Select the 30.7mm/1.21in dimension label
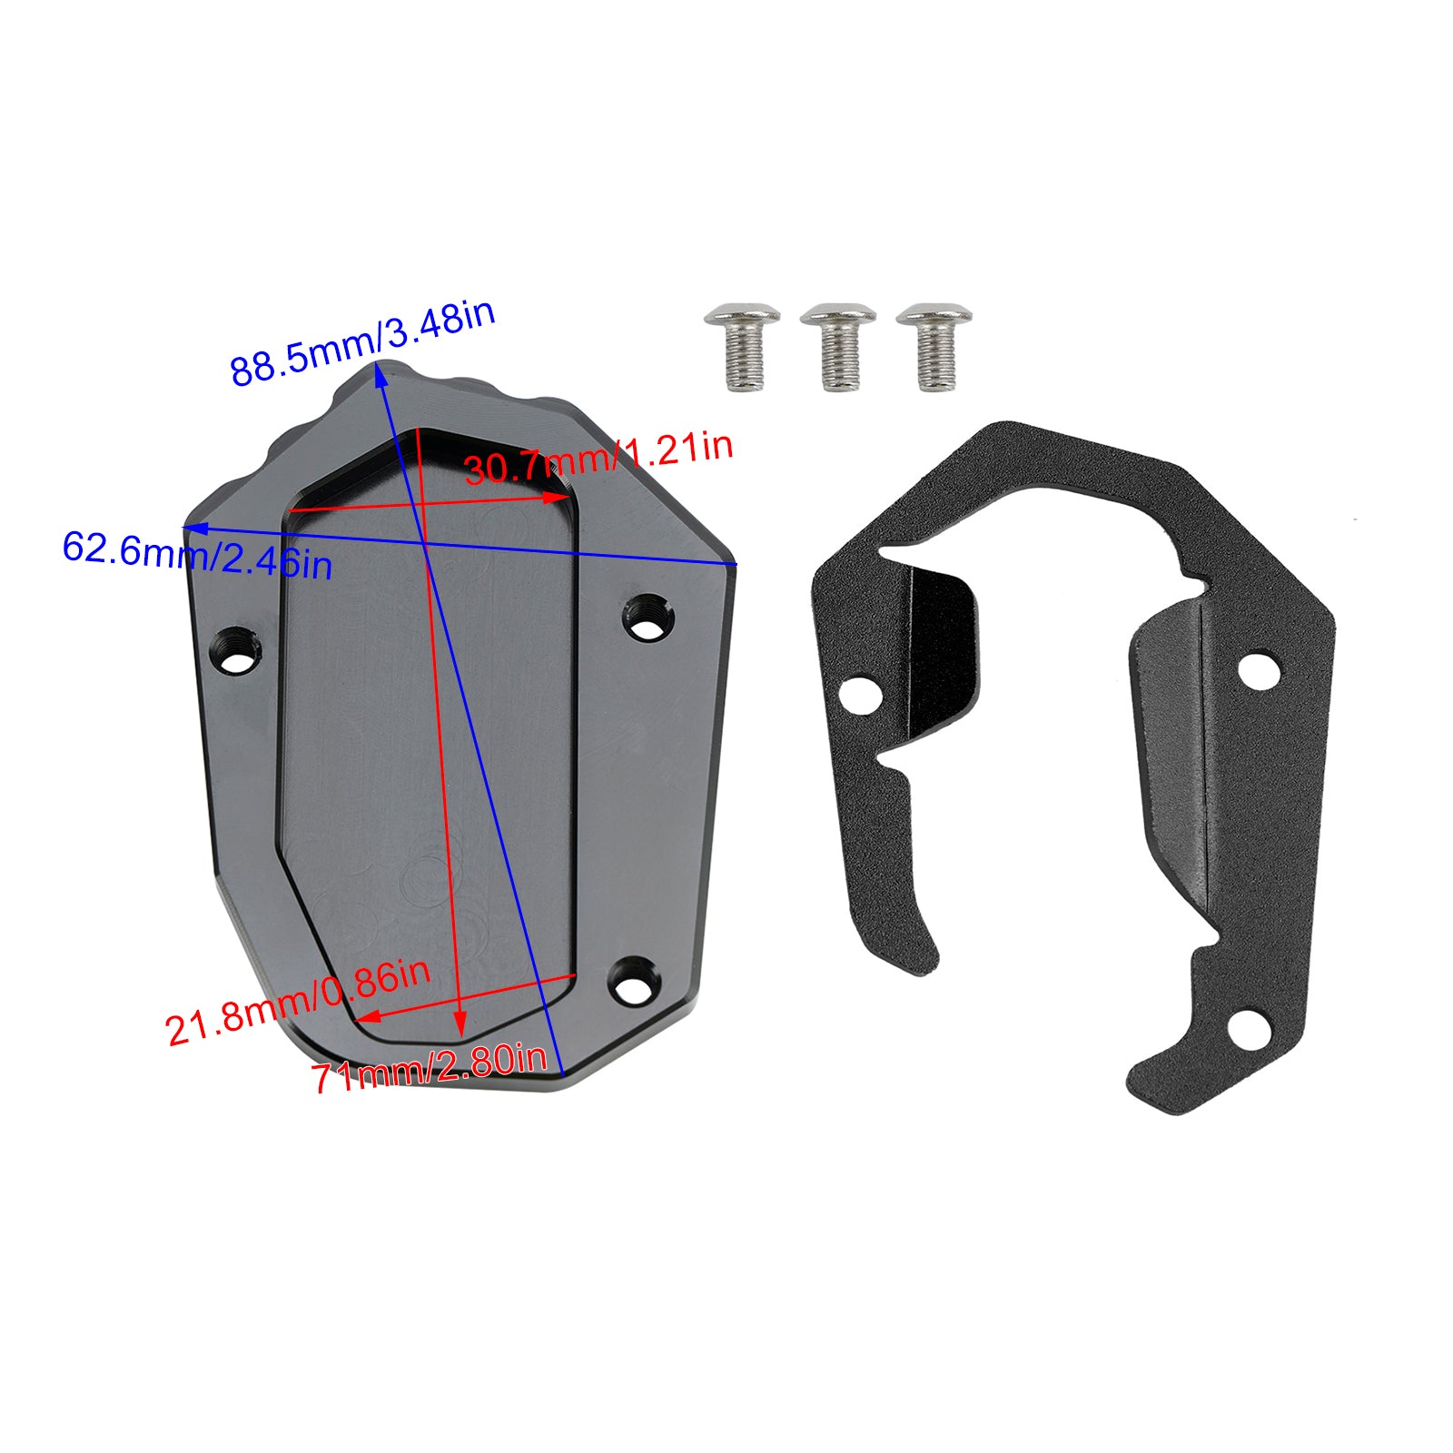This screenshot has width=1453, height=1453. point(598,458)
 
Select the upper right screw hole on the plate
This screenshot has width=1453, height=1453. point(647,618)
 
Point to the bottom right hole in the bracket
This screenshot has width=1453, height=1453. point(1250,1028)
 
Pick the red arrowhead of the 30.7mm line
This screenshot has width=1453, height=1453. point(557,498)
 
